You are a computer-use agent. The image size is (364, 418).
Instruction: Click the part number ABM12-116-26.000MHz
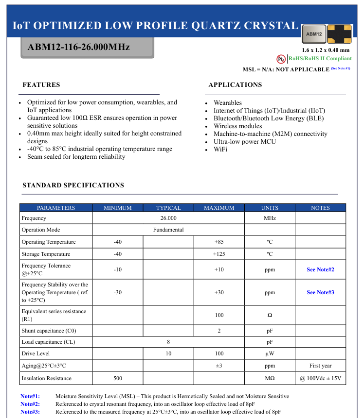click(x=79, y=47)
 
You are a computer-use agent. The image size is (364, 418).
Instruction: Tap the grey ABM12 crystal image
click(x=314, y=34)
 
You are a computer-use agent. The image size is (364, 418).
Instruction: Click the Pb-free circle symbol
click(x=281, y=59)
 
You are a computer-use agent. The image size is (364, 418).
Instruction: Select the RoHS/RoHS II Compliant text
click(x=320, y=59)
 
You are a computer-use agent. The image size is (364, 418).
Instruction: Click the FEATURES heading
click(x=41, y=85)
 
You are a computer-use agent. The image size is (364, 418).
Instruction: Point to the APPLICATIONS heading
click(x=235, y=85)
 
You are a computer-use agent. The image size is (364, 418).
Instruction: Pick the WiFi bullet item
click(x=220, y=150)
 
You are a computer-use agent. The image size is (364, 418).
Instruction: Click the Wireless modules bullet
click(x=237, y=126)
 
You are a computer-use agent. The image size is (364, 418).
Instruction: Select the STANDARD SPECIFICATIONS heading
click(x=73, y=185)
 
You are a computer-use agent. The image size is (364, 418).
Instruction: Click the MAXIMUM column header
click(x=219, y=208)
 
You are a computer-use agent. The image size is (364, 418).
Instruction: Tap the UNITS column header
click(x=270, y=208)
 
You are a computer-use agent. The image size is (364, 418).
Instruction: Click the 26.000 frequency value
click(x=168, y=218)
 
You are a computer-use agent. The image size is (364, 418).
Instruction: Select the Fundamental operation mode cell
click(x=168, y=230)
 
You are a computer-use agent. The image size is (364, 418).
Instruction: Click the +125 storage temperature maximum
click(x=219, y=254)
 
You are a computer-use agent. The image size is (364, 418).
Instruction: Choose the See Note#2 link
click(x=320, y=269)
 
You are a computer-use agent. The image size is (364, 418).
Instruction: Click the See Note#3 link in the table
click(x=320, y=292)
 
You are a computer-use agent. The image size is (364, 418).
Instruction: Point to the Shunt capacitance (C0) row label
click(x=49, y=331)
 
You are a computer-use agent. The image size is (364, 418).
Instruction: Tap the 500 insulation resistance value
click(x=118, y=378)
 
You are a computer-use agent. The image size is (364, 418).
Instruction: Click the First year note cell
click(x=320, y=366)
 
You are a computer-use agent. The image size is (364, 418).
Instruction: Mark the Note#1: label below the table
click(x=30, y=396)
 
